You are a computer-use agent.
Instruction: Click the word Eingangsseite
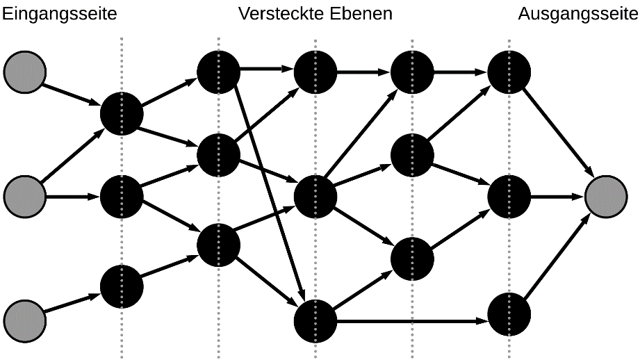58,14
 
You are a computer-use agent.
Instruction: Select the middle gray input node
24,197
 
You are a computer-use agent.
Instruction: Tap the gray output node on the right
607,197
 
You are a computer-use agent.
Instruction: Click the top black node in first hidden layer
122,113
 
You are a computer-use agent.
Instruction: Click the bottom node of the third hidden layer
315,320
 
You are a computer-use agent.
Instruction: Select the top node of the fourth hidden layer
412,70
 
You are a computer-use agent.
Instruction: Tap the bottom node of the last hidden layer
509,315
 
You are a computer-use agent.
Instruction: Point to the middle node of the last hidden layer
509,197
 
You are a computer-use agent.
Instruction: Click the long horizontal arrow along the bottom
410,321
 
